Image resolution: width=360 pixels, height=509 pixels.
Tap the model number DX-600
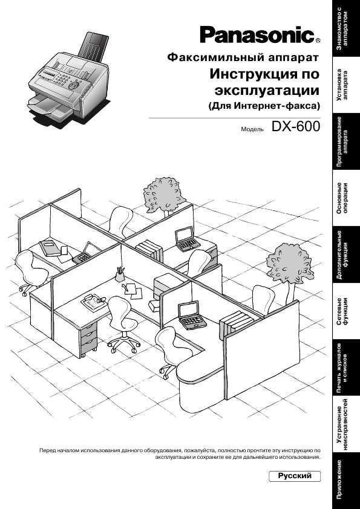[296, 126]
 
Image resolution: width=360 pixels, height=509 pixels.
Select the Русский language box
[295, 476]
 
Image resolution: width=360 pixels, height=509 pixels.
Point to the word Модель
[252, 129]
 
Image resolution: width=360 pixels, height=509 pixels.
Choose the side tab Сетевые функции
[346, 311]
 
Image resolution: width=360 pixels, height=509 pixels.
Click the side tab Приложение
[346, 481]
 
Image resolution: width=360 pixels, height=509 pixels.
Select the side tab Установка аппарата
[346, 85]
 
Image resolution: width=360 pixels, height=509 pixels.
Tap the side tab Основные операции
[346, 198]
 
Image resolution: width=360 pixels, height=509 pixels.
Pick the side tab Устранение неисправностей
[346, 424]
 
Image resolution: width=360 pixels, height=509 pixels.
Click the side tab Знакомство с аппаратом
[346, 28]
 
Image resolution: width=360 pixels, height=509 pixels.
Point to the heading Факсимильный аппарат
[243, 58]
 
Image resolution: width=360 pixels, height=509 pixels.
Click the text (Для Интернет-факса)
[264, 106]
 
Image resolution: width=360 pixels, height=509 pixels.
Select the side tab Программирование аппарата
[346, 141]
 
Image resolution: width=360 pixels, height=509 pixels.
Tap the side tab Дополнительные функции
[346, 254]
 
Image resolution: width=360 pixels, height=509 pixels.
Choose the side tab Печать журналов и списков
[346, 368]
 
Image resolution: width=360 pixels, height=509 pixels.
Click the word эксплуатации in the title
[267, 91]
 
